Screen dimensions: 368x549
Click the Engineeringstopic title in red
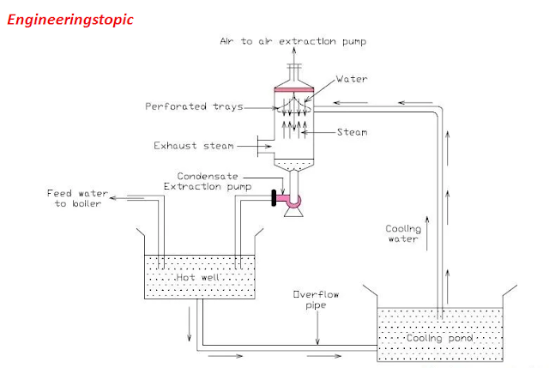coord(70,19)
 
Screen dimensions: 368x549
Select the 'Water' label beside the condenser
coord(352,79)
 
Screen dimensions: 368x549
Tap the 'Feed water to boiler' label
coord(75,199)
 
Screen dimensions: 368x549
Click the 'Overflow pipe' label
coord(317,300)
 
